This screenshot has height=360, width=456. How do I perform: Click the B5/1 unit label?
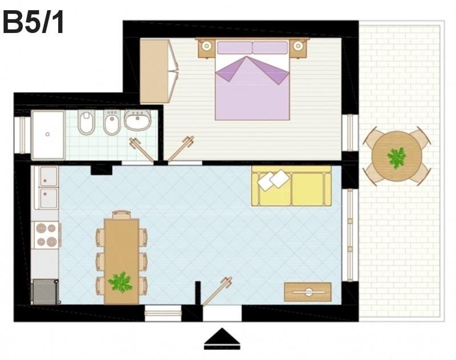[33, 23]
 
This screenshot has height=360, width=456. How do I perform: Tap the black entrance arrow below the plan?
[222, 339]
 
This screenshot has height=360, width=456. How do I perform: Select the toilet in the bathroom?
[87, 122]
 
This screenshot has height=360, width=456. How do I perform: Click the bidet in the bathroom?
[112, 122]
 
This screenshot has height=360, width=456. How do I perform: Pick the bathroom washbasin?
[137, 120]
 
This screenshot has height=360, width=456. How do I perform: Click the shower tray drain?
[48, 134]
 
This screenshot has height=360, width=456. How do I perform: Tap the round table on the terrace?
[397, 156]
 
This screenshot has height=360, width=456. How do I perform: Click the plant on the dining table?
[120, 282]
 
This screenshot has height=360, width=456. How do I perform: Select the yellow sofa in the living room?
[291, 186]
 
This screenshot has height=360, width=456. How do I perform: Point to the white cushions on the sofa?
[274, 180]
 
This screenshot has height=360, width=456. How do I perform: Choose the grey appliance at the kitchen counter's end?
[45, 292]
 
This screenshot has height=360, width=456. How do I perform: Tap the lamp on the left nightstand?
[207, 46]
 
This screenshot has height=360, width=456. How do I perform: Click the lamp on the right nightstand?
[298, 46]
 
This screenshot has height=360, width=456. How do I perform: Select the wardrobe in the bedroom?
[158, 71]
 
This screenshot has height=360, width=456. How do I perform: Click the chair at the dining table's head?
[121, 214]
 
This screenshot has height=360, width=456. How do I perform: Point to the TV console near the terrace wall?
[308, 292]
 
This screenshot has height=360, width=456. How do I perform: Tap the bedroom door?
[181, 149]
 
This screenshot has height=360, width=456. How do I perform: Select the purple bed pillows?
[253, 48]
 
